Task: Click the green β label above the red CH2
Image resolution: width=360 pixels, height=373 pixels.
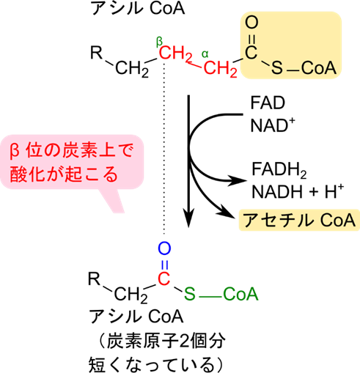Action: click(x=159, y=43)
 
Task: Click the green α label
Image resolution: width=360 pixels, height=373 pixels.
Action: click(x=205, y=54)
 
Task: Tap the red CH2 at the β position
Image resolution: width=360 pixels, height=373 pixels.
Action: click(x=176, y=53)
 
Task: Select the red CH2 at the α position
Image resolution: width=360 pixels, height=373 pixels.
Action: click(x=220, y=69)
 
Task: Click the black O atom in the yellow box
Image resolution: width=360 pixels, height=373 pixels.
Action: click(x=251, y=23)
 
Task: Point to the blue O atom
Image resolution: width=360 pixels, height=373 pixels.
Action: click(x=164, y=248)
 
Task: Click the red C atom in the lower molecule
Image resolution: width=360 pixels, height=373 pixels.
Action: click(x=164, y=278)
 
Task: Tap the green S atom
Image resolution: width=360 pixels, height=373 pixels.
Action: click(x=190, y=294)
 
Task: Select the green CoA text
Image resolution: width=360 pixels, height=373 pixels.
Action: click(x=240, y=294)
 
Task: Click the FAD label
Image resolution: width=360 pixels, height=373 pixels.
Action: click(x=268, y=103)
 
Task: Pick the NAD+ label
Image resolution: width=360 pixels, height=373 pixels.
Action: click(x=273, y=125)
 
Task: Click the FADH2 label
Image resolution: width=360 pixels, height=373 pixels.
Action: click(x=279, y=170)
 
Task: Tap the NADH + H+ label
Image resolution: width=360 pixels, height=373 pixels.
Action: click(x=298, y=191)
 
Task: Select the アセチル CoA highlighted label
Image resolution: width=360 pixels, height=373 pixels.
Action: click(x=299, y=220)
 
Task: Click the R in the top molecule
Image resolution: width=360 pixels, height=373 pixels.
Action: click(x=96, y=53)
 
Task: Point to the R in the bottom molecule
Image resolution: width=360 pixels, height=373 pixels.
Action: click(x=95, y=278)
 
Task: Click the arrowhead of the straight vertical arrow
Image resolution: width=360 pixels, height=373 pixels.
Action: click(x=188, y=218)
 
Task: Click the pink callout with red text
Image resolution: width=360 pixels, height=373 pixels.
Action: click(x=73, y=162)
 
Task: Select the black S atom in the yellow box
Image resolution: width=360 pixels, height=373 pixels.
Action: click(x=277, y=68)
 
